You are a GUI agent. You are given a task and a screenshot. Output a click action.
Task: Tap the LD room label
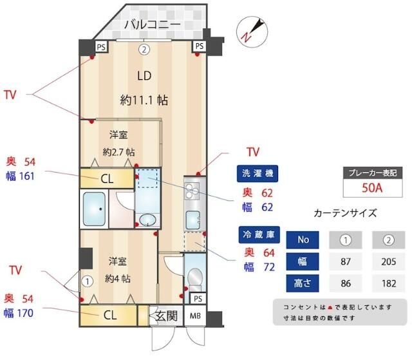[144, 75]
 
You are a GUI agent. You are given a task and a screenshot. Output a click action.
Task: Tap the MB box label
[194, 316]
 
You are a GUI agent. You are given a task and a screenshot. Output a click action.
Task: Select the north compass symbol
[251, 30]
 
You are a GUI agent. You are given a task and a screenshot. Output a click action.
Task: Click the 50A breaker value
[371, 188]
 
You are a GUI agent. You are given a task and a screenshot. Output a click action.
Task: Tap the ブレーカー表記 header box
[371, 173]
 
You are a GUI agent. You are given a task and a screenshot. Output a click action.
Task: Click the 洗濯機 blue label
[257, 173]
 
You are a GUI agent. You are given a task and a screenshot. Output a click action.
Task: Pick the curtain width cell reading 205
[388, 262]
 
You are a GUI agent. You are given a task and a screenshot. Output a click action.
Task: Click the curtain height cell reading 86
[345, 283]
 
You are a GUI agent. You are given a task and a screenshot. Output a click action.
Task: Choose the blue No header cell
[303, 240]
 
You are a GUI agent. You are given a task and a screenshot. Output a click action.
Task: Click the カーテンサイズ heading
[344, 213]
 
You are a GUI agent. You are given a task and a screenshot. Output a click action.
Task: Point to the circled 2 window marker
[145, 48]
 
